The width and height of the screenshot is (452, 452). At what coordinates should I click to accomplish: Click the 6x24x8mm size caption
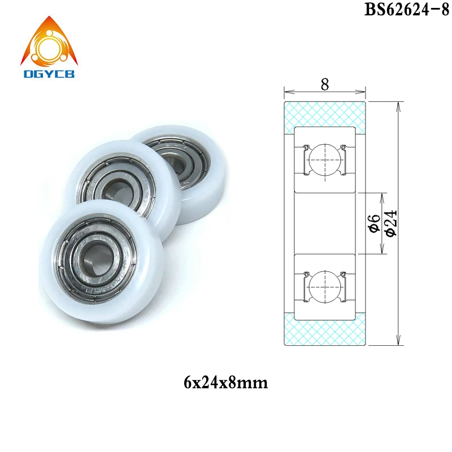click(225, 383)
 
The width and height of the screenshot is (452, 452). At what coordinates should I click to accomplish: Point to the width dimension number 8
click(324, 84)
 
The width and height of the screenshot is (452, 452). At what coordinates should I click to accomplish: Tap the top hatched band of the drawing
click(325, 113)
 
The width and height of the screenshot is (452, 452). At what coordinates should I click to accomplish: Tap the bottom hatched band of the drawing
click(325, 331)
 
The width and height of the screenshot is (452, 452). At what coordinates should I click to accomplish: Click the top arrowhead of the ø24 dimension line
click(399, 105)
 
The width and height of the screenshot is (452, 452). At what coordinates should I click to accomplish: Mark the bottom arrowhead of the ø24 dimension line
click(399, 341)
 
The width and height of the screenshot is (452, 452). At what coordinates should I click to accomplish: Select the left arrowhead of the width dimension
click(286, 90)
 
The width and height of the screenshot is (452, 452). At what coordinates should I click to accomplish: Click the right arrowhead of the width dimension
click(364, 90)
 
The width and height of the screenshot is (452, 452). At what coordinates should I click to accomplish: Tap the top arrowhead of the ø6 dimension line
click(381, 197)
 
